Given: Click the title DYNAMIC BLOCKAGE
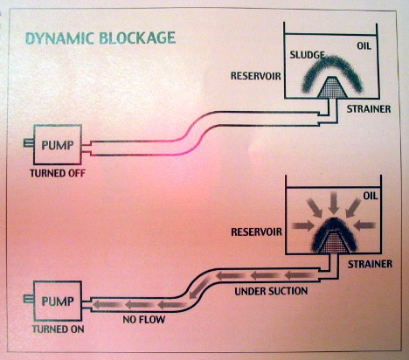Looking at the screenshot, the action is [x=101, y=38].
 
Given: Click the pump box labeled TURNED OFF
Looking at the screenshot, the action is [x=58, y=144].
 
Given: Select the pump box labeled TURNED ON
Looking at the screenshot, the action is [x=58, y=301].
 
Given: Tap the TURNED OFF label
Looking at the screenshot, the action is [x=58, y=173].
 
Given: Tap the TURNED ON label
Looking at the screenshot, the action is [x=58, y=329].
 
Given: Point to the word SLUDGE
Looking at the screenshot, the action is [x=307, y=55].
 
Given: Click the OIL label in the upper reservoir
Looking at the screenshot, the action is [x=364, y=46].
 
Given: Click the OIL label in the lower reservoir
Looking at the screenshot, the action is [x=371, y=196].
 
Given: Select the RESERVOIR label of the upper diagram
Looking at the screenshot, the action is [x=256, y=76].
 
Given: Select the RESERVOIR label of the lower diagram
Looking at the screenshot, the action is [x=256, y=232].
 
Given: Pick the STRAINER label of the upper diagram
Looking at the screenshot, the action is [x=369, y=109].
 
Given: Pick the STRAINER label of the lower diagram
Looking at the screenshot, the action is [x=370, y=264].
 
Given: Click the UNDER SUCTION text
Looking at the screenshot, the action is [x=271, y=291].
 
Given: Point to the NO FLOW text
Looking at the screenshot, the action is [x=144, y=320].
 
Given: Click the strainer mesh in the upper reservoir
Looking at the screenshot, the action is [x=332, y=88].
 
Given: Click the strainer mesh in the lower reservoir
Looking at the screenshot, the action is [x=333, y=242].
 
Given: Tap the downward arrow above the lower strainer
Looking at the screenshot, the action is [x=334, y=204].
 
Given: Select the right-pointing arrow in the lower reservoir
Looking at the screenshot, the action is [x=303, y=225].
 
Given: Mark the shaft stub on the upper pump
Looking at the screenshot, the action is [x=28, y=143].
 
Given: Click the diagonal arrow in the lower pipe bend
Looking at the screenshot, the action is [x=199, y=288].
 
